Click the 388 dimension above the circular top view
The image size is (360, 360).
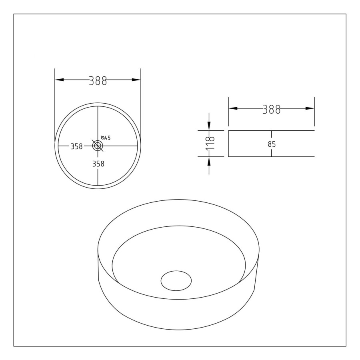(98, 81)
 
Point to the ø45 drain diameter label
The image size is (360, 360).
(106, 138)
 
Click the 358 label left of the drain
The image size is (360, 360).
(76, 146)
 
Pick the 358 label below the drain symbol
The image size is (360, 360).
(98, 164)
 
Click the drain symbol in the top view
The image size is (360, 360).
(98, 146)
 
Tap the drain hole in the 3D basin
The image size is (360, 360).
(176, 280)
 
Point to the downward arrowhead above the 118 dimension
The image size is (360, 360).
(209, 126)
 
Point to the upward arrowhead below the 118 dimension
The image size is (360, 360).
(209, 160)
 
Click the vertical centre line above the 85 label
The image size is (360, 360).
(272, 135)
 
